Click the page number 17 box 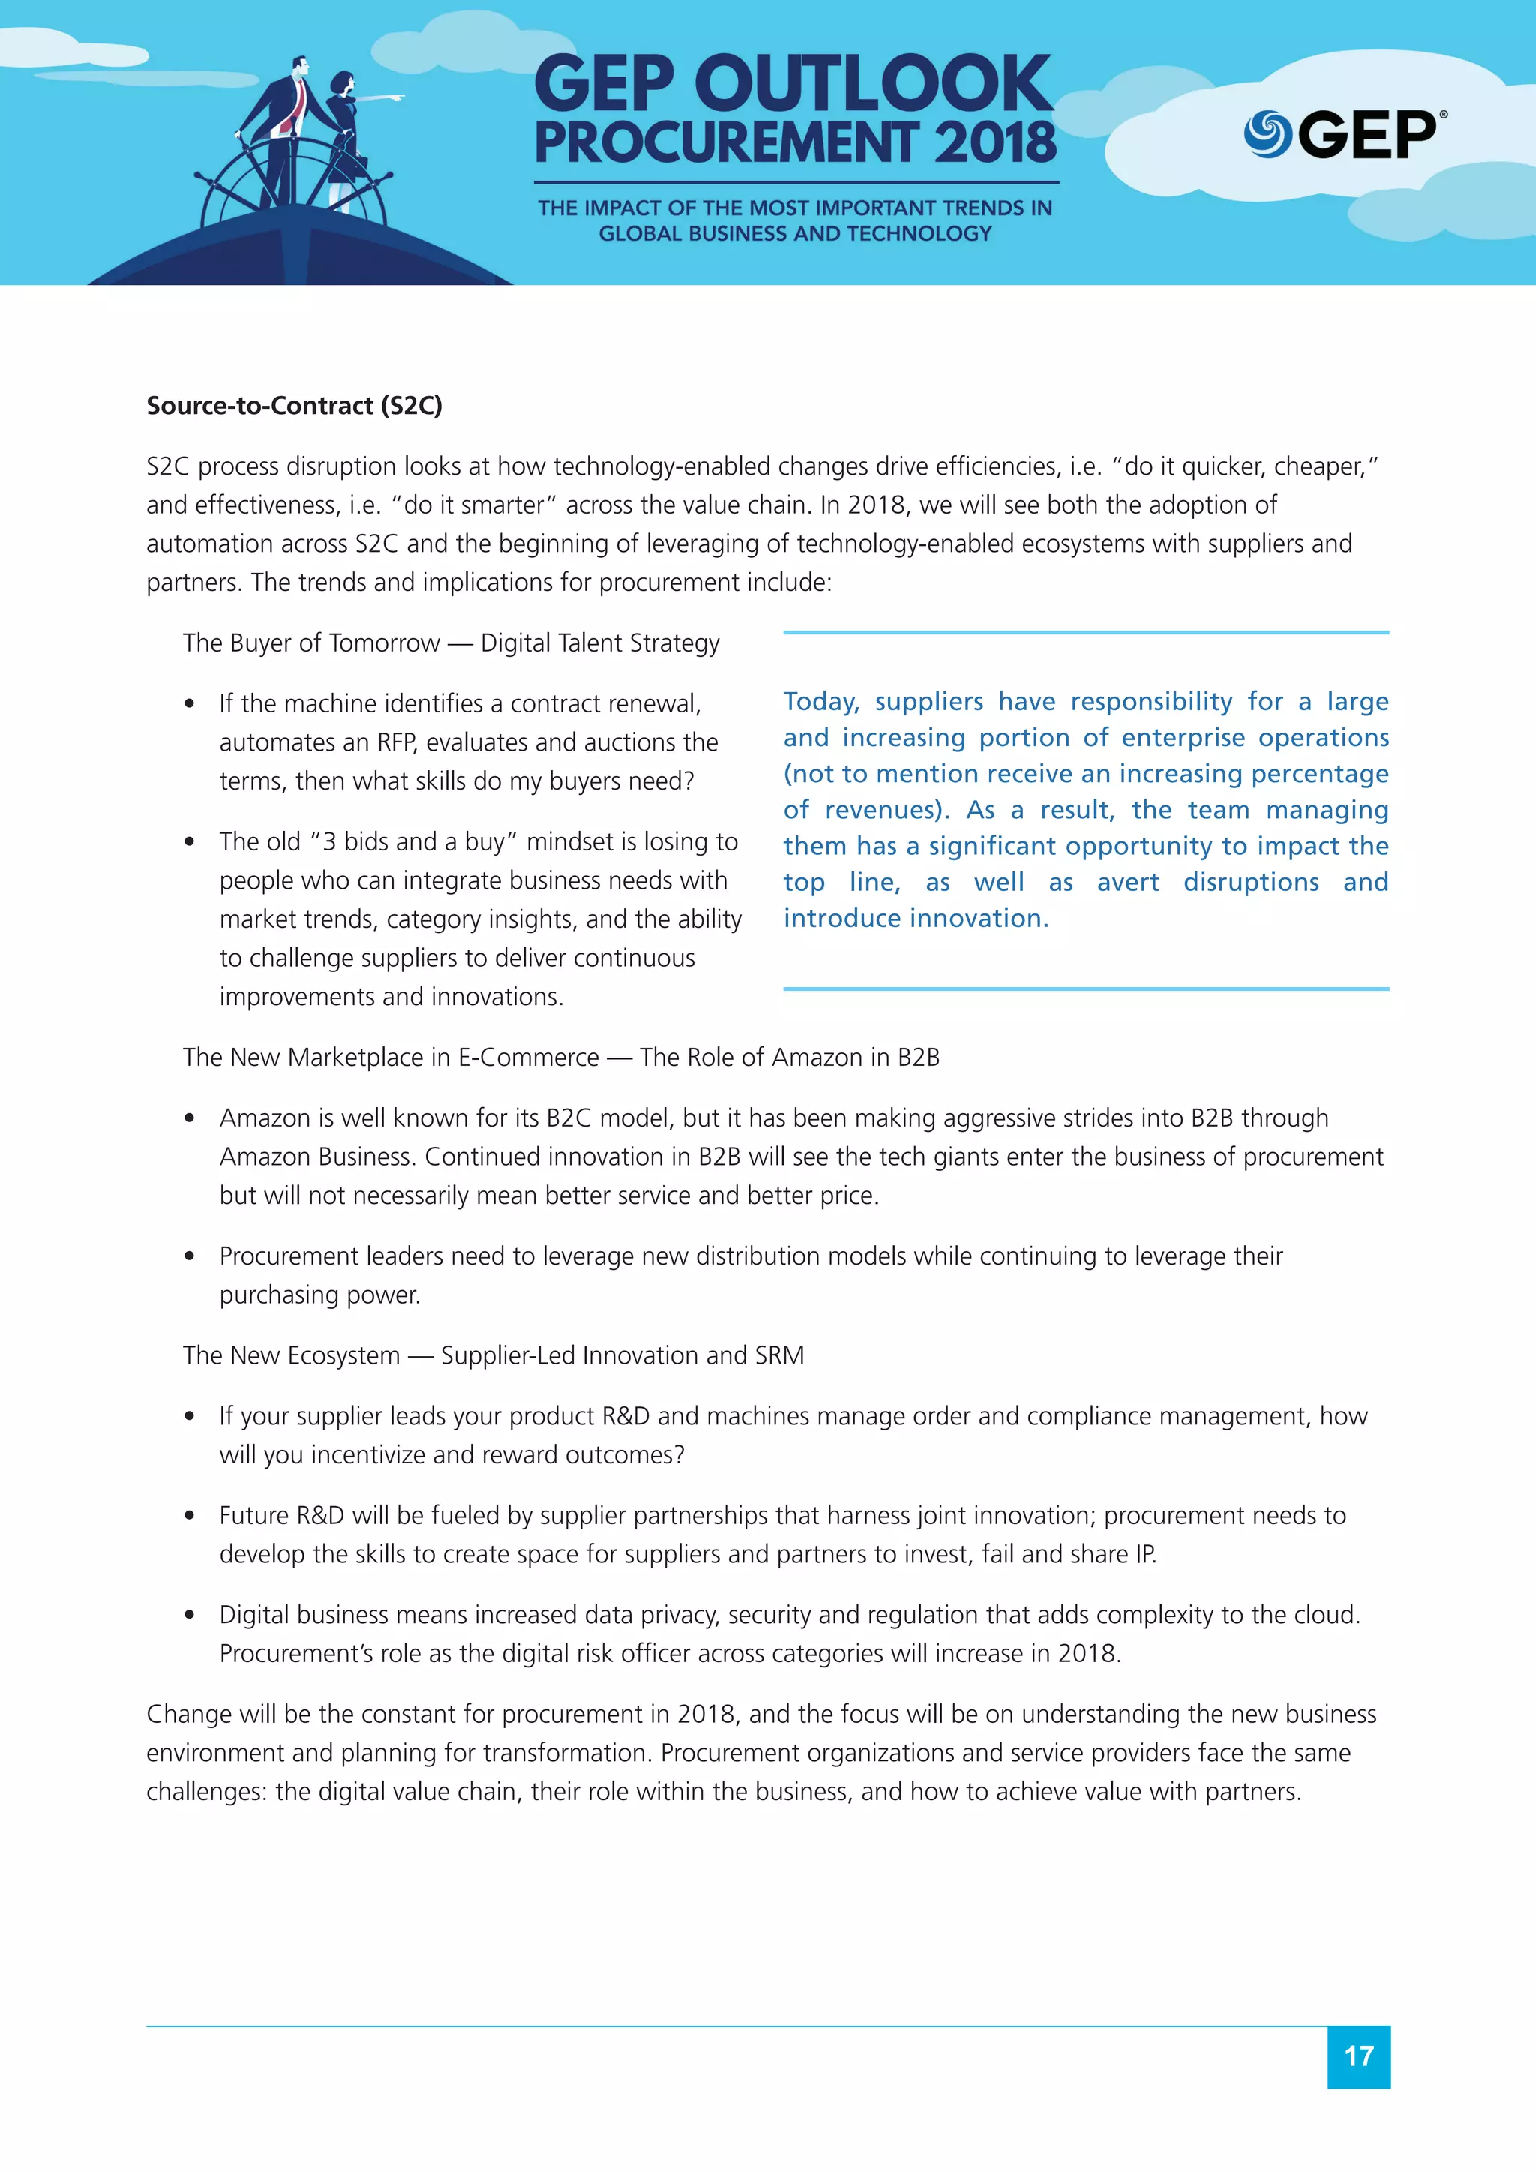click(1358, 2056)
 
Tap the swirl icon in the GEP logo click(1267, 134)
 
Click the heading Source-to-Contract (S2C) click(294, 406)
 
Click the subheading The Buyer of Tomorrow click(311, 643)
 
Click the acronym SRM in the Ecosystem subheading click(779, 1355)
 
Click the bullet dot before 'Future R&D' click(190, 1516)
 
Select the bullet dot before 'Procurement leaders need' click(190, 1256)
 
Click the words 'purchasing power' click(319, 1295)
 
